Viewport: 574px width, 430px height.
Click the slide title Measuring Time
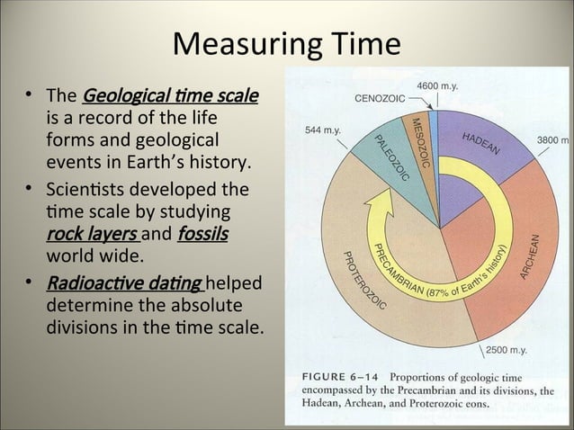point(287,43)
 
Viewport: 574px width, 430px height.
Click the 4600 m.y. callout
point(438,85)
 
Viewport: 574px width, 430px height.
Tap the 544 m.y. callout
point(323,130)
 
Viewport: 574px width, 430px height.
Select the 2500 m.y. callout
point(507,349)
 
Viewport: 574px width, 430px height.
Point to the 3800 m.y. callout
point(552,140)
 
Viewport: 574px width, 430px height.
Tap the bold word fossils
point(202,236)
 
